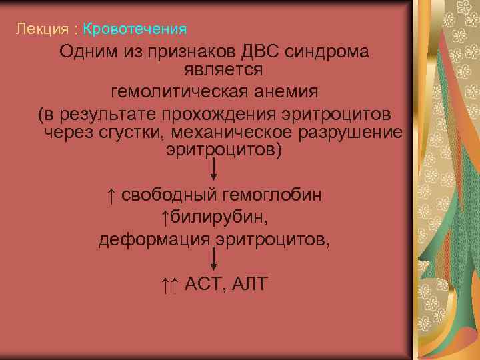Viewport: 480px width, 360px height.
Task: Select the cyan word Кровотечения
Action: (x=135, y=29)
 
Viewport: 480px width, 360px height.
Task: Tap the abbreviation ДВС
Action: (x=257, y=51)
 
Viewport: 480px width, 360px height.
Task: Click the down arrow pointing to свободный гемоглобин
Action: (x=214, y=171)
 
